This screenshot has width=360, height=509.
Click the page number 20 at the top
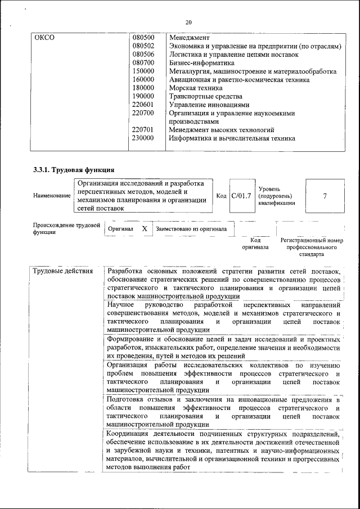pyautogui.click(x=188, y=22)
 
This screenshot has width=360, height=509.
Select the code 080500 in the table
pyautogui.click(x=143, y=37)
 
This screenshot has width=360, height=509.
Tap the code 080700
pyautogui.click(x=143, y=63)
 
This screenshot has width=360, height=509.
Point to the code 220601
pyautogui.click(x=143, y=105)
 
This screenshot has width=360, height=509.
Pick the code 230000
pyautogui.click(x=143, y=138)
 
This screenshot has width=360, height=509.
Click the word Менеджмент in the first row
pyautogui.click(x=189, y=37)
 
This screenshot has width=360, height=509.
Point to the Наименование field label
pyautogui.click(x=52, y=196)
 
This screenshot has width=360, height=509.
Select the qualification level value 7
pyautogui.click(x=325, y=196)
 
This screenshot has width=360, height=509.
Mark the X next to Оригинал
pyautogui.click(x=145, y=229)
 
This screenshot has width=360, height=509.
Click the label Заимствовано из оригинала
pyautogui.click(x=191, y=229)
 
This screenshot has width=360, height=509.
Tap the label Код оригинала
pyautogui.click(x=255, y=244)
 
